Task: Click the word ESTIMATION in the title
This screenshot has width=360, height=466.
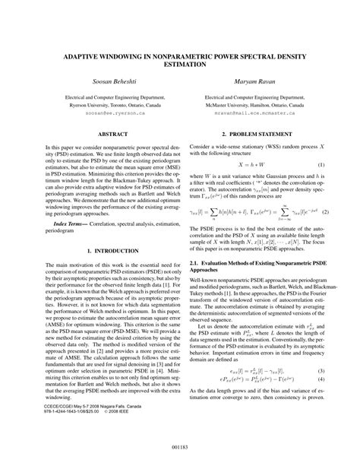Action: pos(180,66)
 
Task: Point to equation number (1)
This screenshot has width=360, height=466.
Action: pos(321,164)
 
